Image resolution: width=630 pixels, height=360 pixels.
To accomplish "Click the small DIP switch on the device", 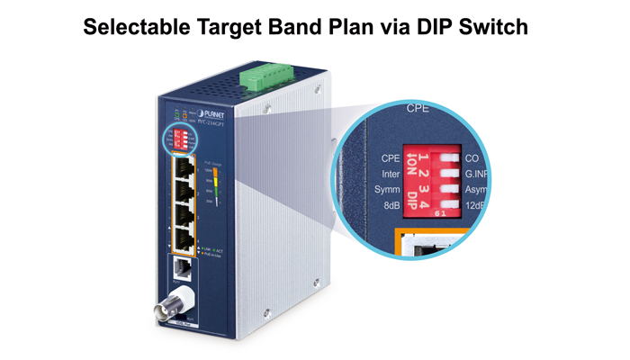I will [x=180, y=139].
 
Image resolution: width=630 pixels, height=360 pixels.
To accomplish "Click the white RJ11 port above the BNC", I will [x=178, y=268].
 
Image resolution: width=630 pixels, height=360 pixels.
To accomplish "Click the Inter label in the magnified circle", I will [x=390, y=175].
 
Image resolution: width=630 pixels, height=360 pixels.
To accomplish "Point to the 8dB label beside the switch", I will [x=391, y=207].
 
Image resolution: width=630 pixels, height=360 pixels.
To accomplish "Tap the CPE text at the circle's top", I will [x=418, y=107].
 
